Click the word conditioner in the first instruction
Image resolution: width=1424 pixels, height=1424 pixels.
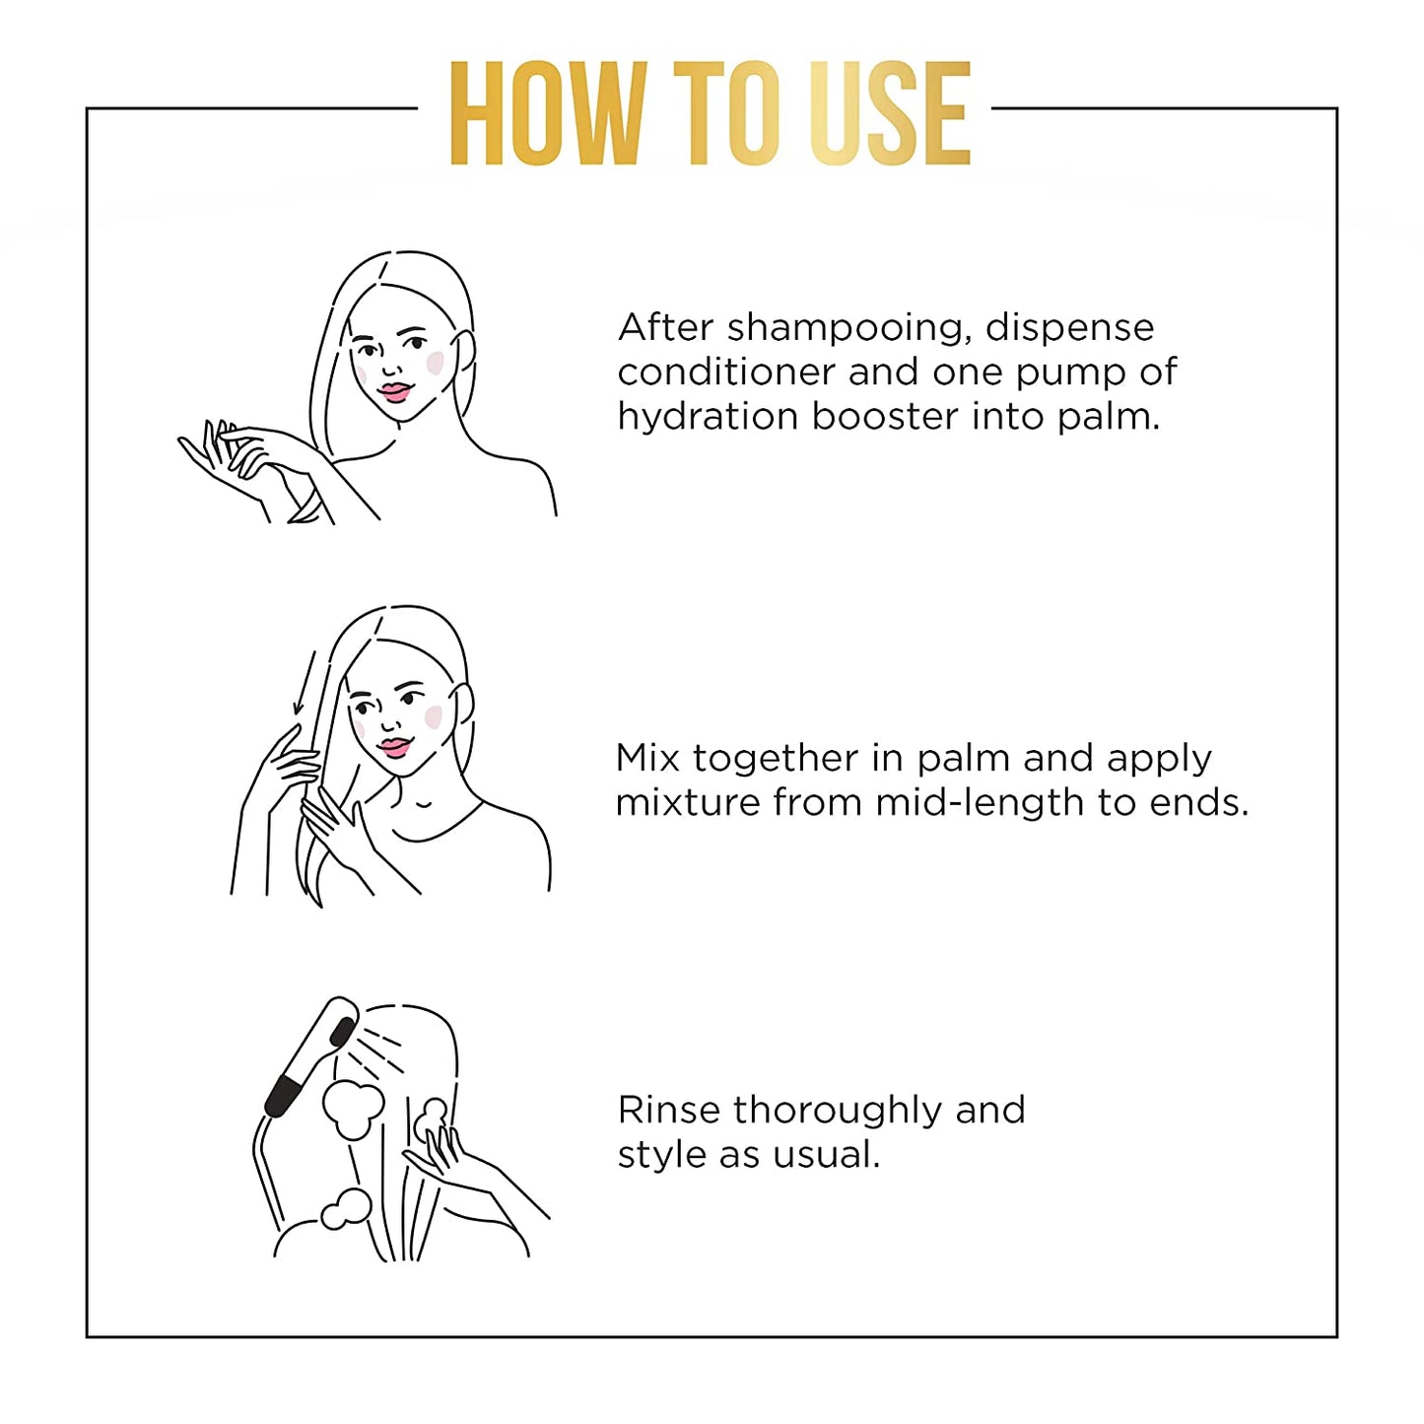click(726, 373)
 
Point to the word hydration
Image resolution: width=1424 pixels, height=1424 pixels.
click(707, 417)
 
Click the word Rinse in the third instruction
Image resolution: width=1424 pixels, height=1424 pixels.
click(669, 1110)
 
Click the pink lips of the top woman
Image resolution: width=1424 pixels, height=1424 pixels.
click(394, 392)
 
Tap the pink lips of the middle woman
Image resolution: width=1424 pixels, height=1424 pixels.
click(394, 746)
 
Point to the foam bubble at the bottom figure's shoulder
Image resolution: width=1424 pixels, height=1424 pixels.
click(345, 1209)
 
